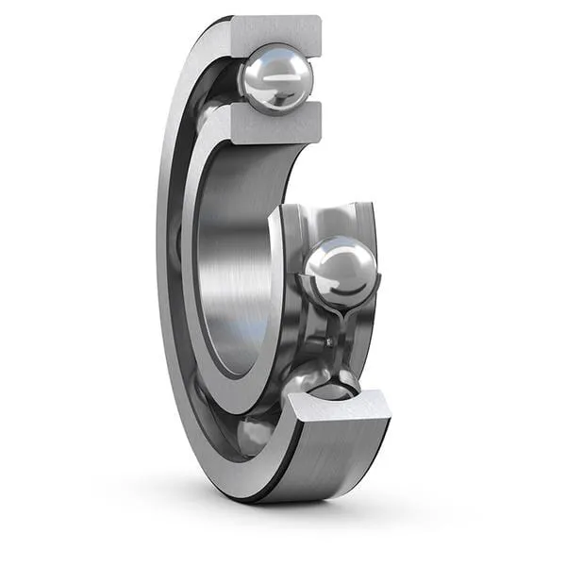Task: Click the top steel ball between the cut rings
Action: click(275, 80)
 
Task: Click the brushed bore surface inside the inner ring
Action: click(231, 264)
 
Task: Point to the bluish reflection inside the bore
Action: click(236, 330)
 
